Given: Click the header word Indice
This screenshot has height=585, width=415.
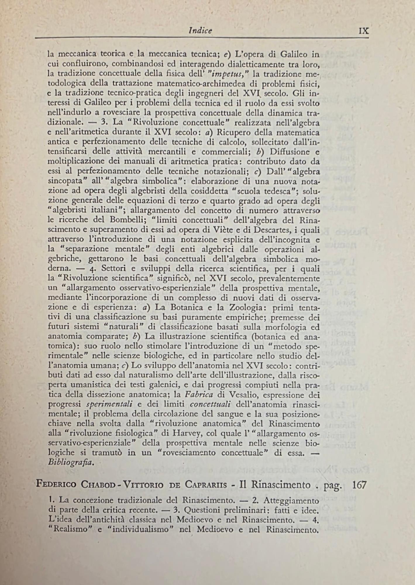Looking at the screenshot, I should (x=200, y=30).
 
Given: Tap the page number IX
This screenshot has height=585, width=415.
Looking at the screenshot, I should (x=364, y=31).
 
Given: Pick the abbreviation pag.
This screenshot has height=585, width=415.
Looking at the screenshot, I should (x=333, y=486).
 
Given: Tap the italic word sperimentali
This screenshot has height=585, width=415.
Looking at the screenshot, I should (x=110, y=405).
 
